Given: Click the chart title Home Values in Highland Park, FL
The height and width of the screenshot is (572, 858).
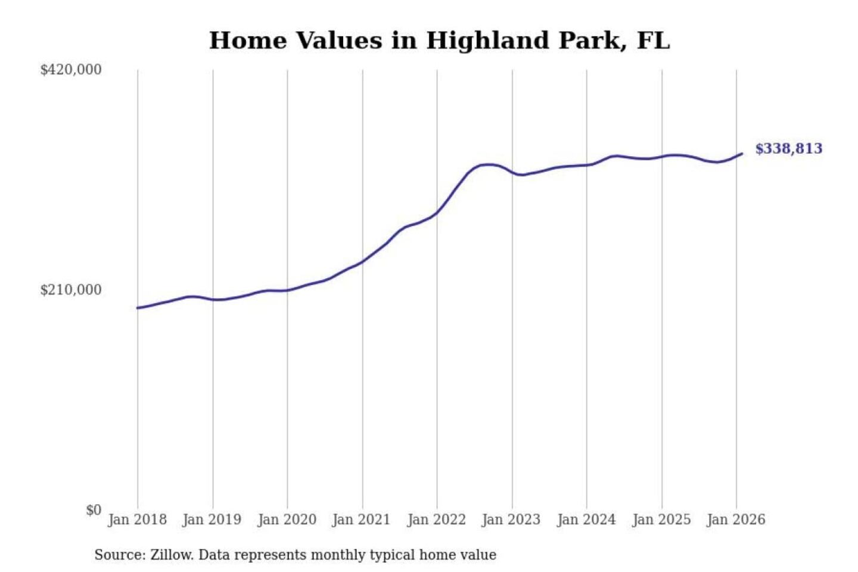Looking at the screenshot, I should pyautogui.click(x=439, y=41).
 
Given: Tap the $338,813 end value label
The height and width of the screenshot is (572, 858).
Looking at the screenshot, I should pyautogui.click(x=788, y=148).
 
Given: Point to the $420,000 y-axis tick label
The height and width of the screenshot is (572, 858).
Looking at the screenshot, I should pyautogui.click(x=71, y=70).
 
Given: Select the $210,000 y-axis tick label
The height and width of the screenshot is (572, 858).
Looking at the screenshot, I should pyautogui.click(x=71, y=290).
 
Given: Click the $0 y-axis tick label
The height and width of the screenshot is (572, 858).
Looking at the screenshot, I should pyautogui.click(x=94, y=510).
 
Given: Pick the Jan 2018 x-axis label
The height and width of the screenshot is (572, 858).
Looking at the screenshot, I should pyautogui.click(x=137, y=520).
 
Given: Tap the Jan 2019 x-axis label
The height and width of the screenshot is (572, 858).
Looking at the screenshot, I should pyautogui.click(x=212, y=520).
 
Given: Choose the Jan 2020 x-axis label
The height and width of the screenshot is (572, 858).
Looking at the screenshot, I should pyautogui.click(x=287, y=520).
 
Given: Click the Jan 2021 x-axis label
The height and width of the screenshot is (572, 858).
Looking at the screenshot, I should pyautogui.click(x=361, y=520).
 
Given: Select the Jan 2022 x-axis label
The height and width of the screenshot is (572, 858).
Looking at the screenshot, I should pyautogui.click(x=436, y=520).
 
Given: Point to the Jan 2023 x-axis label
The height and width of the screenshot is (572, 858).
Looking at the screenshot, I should pyautogui.click(x=511, y=520).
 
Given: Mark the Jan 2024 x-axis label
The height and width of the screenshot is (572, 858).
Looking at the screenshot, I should pyautogui.click(x=586, y=520).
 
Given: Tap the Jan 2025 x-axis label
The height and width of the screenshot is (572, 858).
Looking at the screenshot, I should pyautogui.click(x=661, y=520).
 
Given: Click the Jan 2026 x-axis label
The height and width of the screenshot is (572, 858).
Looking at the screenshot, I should pyautogui.click(x=735, y=520).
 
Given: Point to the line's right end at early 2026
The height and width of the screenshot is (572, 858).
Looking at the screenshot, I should pyautogui.click(x=742, y=154).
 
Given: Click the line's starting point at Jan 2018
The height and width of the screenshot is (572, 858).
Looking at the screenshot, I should pyautogui.click(x=138, y=308).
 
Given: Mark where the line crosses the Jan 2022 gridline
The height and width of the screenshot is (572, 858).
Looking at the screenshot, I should pyautogui.click(x=437, y=213).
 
